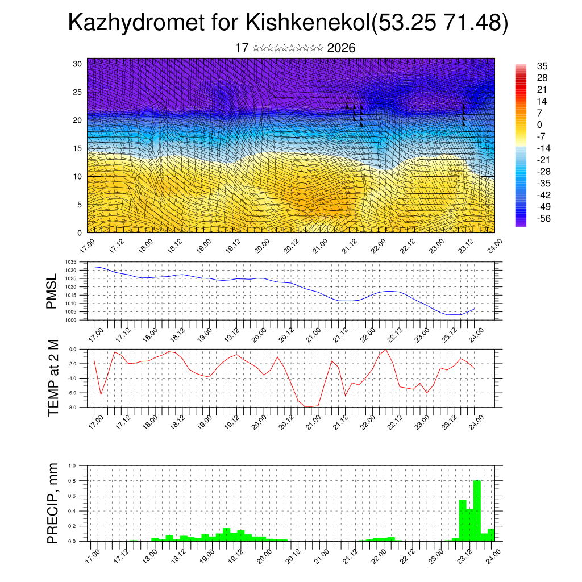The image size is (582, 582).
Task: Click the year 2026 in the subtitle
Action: [x=341, y=48]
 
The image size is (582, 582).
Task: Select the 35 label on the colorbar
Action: [x=542, y=66]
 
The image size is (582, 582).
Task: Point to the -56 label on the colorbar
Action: [x=544, y=218]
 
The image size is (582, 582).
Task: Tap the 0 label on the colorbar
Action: [x=539, y=124]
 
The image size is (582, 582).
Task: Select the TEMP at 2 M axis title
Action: [x=53, y=377]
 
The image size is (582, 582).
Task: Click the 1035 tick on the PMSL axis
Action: [x=71, y=262]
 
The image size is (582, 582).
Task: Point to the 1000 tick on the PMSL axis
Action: [x=71, y=320]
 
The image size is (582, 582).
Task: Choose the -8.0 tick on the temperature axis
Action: [x=73, y=408]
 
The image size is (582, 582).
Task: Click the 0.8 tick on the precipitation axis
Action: [x=72, y=481]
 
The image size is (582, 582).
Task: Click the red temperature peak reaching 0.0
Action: [x=386, y=350]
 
